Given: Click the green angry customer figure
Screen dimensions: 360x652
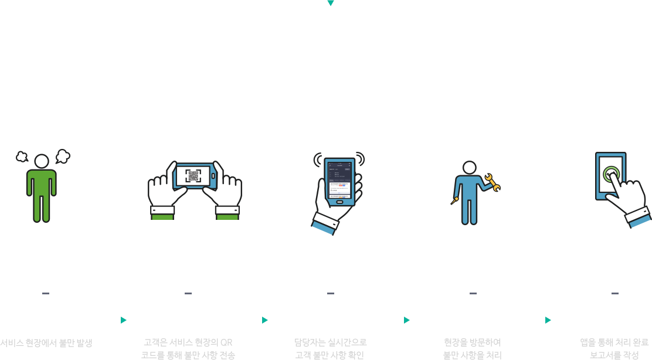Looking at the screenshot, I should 41,188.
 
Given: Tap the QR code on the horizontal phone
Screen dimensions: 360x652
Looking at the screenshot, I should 193,176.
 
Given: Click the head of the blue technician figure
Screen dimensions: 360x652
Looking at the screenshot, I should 469,168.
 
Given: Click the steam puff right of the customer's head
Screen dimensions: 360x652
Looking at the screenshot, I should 63,156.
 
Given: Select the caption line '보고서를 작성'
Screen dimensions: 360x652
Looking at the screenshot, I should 614,355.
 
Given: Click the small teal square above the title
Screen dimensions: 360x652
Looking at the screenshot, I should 331,4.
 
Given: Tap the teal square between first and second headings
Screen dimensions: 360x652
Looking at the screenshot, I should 124,320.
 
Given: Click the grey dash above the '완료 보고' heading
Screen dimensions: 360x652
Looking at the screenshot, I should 614,293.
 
